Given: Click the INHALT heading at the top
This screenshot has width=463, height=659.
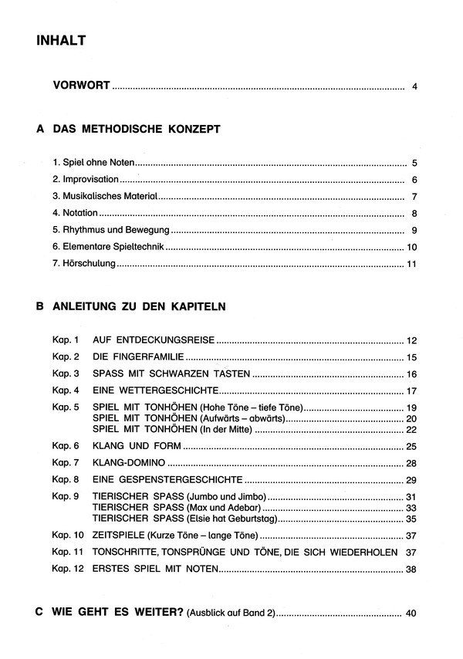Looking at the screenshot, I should pos(61,41).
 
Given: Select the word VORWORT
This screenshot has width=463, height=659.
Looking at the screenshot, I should pos(82,86).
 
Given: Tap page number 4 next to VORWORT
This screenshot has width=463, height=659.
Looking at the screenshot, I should pos(414,86).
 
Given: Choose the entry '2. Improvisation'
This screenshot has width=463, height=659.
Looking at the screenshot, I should pos(86,179).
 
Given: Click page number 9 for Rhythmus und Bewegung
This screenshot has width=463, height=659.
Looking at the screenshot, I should pos(414,230).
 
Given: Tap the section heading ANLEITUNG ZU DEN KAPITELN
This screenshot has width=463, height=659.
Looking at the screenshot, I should pos(140,306).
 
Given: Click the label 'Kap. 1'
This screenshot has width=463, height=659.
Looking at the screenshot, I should pos(66,340).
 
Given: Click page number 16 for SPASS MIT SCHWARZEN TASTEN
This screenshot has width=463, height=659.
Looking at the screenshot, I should pos(411,373).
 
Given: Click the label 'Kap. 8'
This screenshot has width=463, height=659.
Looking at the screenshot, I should pos(66,480).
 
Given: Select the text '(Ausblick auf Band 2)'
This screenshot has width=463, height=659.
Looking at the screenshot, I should pos(230,613).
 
